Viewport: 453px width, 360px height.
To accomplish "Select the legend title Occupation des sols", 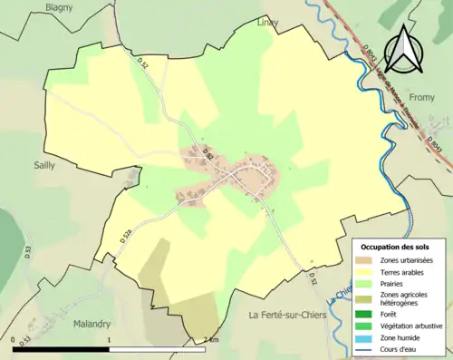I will pos(397,246).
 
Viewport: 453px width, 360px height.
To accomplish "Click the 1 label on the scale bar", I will pos(110,340).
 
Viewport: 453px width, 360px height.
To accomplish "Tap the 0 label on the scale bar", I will pos(15,340).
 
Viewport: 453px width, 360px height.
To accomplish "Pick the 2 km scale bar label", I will pos(211,340).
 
